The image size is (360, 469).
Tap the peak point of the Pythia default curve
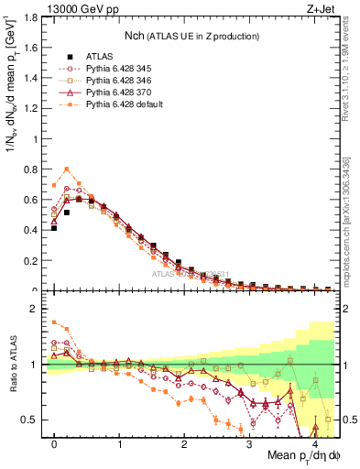coord(67,169)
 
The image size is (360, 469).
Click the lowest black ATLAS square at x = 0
coord(54,227)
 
